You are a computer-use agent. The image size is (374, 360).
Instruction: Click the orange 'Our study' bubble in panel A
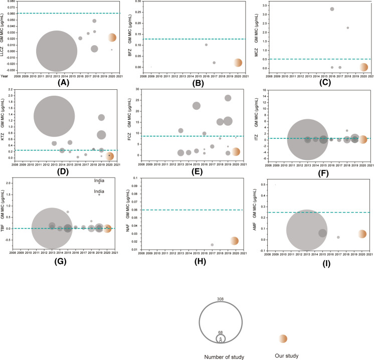pyautogui.click(x=112, y=38)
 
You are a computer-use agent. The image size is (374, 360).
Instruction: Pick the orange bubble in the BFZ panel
pyautogui.click(x=238, y=63)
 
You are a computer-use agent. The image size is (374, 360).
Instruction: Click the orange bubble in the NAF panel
pyautogui.click(x=235, y=241)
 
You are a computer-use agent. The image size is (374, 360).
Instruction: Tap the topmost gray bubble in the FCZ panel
pyautogui.click(x=228, y=98)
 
